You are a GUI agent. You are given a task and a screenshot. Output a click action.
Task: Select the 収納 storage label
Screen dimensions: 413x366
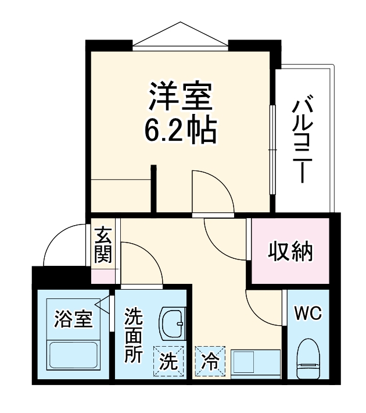[x=290, y=252]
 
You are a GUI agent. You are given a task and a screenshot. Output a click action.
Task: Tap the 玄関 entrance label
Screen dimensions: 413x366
[x=104, y=244]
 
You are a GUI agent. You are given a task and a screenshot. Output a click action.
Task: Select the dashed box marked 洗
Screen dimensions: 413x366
[x=168, y=361]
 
